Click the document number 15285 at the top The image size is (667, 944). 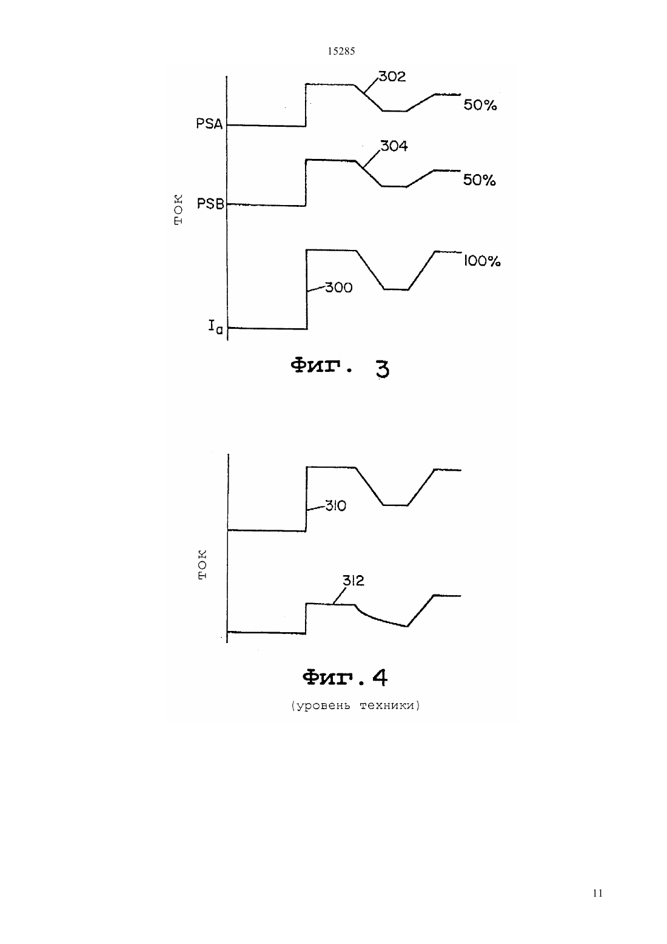[341, 52]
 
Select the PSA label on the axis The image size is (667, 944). [209, 124]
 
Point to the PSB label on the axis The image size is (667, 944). [210, 204]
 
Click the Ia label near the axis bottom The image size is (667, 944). [215, 326]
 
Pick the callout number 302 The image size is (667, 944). [392, 76]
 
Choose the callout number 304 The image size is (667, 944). [394, 146]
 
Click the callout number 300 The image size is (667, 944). [338, 288]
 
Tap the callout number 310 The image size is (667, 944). [335, 505]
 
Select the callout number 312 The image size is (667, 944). [354, 581]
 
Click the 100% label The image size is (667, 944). [482, 261]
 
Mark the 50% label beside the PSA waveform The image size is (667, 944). [480, 105]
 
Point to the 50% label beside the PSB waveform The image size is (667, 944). [479, 180]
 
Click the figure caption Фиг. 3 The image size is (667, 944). [340, 368]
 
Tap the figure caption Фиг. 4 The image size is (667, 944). [345, 678]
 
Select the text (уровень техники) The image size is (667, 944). [355, 706]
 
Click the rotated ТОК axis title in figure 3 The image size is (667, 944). [178, 209]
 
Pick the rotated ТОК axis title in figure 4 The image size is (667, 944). [203, 565]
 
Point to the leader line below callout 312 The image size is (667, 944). [340, 596]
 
